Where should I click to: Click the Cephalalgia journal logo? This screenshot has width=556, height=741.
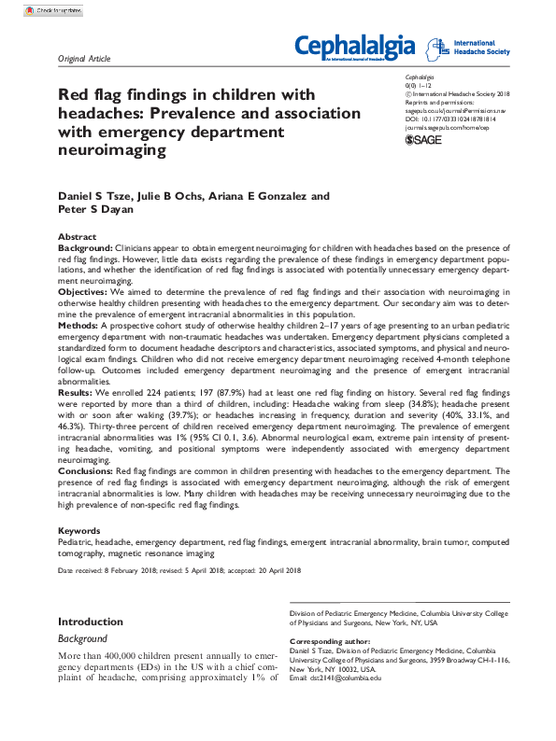point(355,45)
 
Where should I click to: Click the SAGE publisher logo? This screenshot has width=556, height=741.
point(423,139)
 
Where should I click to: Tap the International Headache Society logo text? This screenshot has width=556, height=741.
point(480,47)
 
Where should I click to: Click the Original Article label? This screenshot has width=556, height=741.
point(84,59)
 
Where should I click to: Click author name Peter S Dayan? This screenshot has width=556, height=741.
point(91,210)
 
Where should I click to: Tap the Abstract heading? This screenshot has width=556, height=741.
point(77,238)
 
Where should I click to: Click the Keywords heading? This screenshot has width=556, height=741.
point(78,530)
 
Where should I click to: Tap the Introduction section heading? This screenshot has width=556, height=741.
point(91,622)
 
